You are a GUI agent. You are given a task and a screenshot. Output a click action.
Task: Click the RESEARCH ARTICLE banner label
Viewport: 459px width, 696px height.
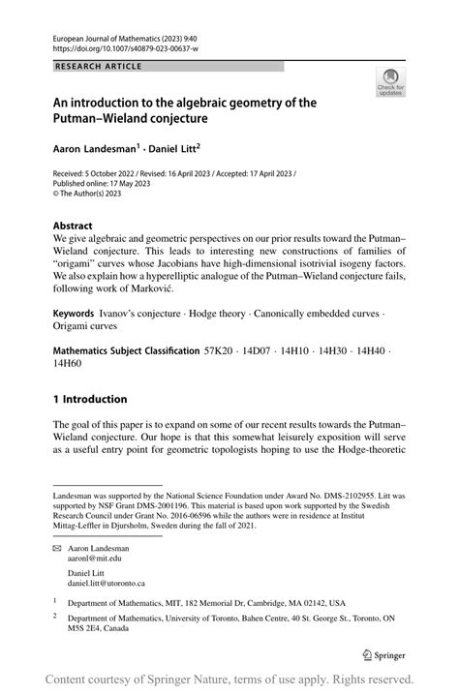[98, 66]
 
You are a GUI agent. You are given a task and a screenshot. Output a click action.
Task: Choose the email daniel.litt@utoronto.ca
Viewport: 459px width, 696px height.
[113, 584]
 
